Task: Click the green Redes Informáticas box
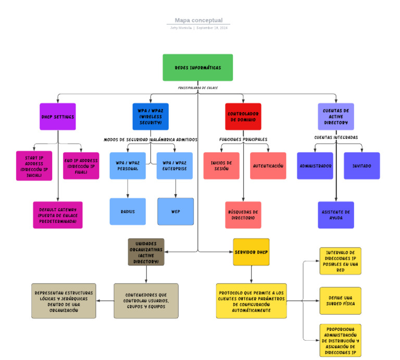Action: point(197,68)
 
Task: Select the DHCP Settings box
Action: point(58,117)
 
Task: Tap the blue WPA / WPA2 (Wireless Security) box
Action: point(151,117)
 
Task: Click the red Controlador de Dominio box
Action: point(243,117)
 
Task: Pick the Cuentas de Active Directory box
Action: point(336,117)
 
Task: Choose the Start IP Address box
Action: point(34,166)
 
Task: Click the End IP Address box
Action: point(81,166)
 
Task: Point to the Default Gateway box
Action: point(58,215)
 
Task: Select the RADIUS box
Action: point(128,212)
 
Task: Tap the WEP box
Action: point(176,212)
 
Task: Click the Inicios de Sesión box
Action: point(221,166)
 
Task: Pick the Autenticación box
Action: point(268,166)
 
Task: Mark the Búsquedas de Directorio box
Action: point(243,215)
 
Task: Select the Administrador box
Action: point(315,166)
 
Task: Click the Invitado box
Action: point(362,166)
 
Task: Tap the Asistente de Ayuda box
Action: point(336,215)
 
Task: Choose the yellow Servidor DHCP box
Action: point(251,252)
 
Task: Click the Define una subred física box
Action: point(340,301)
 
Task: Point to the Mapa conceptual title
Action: point(198,20)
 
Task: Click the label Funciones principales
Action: point(243,139)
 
